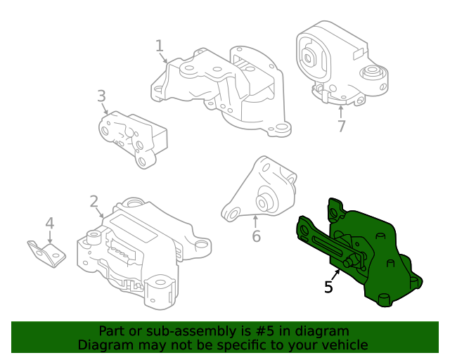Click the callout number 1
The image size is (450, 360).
coord(160,46)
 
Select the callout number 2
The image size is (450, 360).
coord(94,202)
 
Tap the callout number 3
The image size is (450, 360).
coord(101,96)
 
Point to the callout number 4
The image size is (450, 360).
coord(49,224)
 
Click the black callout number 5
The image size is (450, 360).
coord(328,286)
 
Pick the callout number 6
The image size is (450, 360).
coord(256,236)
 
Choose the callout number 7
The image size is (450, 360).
coord(341,127)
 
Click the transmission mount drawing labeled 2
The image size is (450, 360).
coord(137,250)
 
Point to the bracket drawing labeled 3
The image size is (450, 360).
coord(130,137)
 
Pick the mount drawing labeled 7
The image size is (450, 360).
coord(337,63)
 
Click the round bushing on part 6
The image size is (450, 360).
coord(266,202)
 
